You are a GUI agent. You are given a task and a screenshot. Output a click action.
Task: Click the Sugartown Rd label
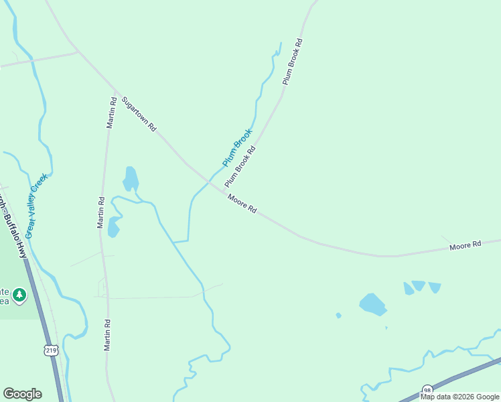[x=139, y=114]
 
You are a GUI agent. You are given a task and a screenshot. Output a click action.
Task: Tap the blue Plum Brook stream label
[x=237, y=148]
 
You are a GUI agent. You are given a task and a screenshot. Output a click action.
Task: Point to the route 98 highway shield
[x=427, y=389]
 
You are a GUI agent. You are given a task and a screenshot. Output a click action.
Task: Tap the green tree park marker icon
[x=19, y=295]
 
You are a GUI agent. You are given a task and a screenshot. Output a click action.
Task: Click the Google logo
[x=22, y=394]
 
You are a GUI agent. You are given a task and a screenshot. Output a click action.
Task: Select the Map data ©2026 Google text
[x=459, y=397]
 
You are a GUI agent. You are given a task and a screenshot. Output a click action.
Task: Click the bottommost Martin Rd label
[x=106, y=335]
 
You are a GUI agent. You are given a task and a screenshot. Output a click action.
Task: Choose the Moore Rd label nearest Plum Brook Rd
[x=242, y=204]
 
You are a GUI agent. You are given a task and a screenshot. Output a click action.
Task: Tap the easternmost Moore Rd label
[x=466, y=246]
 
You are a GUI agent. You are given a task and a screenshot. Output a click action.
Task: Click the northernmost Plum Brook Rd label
[x=293, y=61]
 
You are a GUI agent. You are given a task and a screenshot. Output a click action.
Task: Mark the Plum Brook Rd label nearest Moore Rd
[x=240, y=167]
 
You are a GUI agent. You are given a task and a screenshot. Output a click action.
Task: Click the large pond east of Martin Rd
[x=131, y=179]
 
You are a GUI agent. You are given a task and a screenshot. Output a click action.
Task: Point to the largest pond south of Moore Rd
[x=372, y=304]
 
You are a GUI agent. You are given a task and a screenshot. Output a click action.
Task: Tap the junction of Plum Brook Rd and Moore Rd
[x=223, y=191]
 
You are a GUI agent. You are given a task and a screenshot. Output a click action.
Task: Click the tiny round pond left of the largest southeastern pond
[x=338, y=315]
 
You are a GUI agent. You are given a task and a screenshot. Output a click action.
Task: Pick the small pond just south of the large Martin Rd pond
[x=113, y=227]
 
